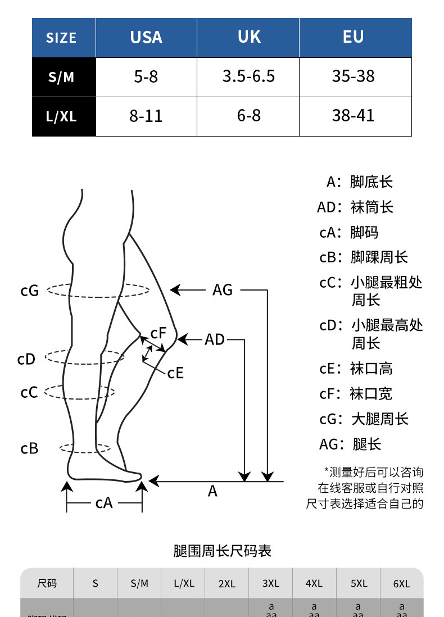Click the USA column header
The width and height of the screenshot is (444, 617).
click(146, 38)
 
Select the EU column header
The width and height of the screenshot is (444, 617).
click(354, 37)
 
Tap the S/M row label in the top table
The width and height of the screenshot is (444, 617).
click(61, 78)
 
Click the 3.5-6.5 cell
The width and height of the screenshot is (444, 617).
click(248, 77)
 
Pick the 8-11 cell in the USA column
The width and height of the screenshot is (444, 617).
click(146, 116)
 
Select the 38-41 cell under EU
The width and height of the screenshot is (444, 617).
click(354, 116)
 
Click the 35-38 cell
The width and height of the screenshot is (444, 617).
click(354, 76)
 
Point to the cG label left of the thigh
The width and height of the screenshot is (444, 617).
click(29, 291)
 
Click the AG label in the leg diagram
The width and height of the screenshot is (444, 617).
click(223, 290)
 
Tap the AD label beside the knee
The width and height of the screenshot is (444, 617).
click(214, 339)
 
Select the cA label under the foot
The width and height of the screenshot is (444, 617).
click(104, 503)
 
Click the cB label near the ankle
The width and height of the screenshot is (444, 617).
click(29, 448)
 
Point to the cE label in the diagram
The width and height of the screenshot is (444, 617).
click(175, 373)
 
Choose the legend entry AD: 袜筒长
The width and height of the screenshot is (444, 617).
click(355, 207)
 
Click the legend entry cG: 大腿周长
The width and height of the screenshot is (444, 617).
click(364, 419)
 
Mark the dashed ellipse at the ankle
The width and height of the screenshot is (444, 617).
click(84, 448)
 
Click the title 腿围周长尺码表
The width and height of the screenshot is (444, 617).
click(222, 551)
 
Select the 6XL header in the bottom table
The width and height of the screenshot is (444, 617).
click(401, 584)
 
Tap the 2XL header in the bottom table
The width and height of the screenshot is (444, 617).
click(226, 584)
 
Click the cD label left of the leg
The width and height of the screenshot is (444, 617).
click(26, 360)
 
